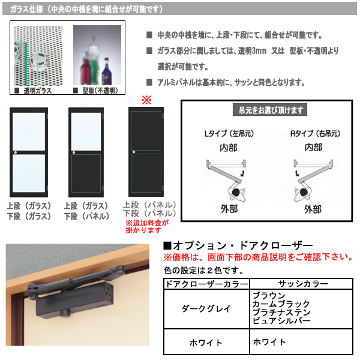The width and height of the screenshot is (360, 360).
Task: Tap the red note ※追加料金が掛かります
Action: [x=147, y=226]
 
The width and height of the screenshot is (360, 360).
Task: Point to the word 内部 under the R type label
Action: [x=312, y=146]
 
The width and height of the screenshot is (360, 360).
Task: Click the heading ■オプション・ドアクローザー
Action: [x=238, y=246]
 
